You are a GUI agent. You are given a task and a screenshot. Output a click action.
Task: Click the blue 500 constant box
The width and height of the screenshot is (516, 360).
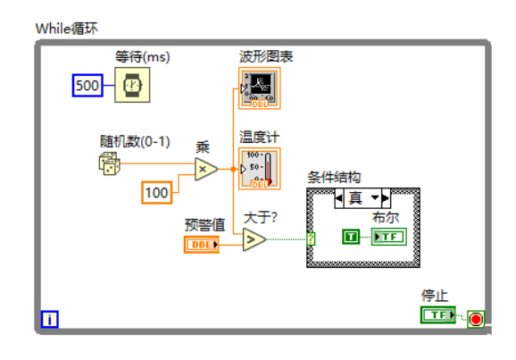point(87,86)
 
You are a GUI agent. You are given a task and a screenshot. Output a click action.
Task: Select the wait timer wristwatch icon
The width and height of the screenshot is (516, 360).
point(131,86)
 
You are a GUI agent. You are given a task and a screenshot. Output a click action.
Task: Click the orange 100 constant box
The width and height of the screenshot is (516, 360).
point(157,191)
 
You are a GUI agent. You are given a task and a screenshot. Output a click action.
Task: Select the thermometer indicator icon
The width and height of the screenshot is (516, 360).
point(259,169)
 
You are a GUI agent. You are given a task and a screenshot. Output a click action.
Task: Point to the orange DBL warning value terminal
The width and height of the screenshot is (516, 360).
point(202,244)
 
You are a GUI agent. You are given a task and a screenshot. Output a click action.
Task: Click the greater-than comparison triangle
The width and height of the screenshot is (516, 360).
point(254,239)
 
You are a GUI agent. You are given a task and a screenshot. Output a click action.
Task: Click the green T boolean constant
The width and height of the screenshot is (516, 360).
point(352,236)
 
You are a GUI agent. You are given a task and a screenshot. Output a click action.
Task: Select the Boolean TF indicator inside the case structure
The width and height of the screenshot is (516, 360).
point(388,236)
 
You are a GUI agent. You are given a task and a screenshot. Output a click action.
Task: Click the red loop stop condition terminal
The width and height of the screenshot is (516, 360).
point(475,319)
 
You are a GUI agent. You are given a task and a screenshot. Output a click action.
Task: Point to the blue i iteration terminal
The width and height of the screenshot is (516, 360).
point(50,319)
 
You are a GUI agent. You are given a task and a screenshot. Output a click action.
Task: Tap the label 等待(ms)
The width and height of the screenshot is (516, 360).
point(142,57)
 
